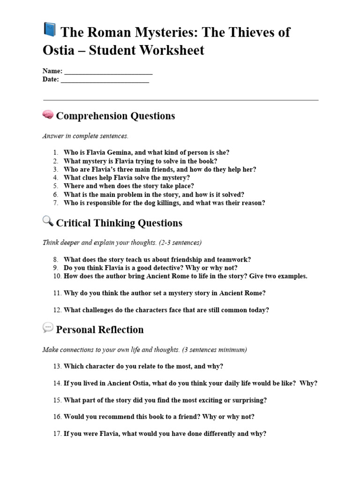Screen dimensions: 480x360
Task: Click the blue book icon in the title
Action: (49, 30)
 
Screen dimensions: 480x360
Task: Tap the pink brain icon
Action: (48, 114)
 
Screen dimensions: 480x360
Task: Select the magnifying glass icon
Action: (48, 221)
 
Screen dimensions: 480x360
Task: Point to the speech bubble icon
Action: (48, 328)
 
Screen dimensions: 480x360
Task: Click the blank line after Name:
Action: (108, 71)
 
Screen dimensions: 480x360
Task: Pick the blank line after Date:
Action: (105, 80)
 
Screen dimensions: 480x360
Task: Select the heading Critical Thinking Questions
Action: (119, 223)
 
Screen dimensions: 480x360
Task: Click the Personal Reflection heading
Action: (100, 330)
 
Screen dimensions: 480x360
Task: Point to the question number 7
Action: (55, 203)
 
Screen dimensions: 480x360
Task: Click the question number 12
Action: (57, 310)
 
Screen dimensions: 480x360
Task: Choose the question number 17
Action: (57, 434)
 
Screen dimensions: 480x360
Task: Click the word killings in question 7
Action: (181, 203)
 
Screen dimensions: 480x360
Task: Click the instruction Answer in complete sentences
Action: (85, 136)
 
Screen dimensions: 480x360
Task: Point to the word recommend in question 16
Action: (115, 417)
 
